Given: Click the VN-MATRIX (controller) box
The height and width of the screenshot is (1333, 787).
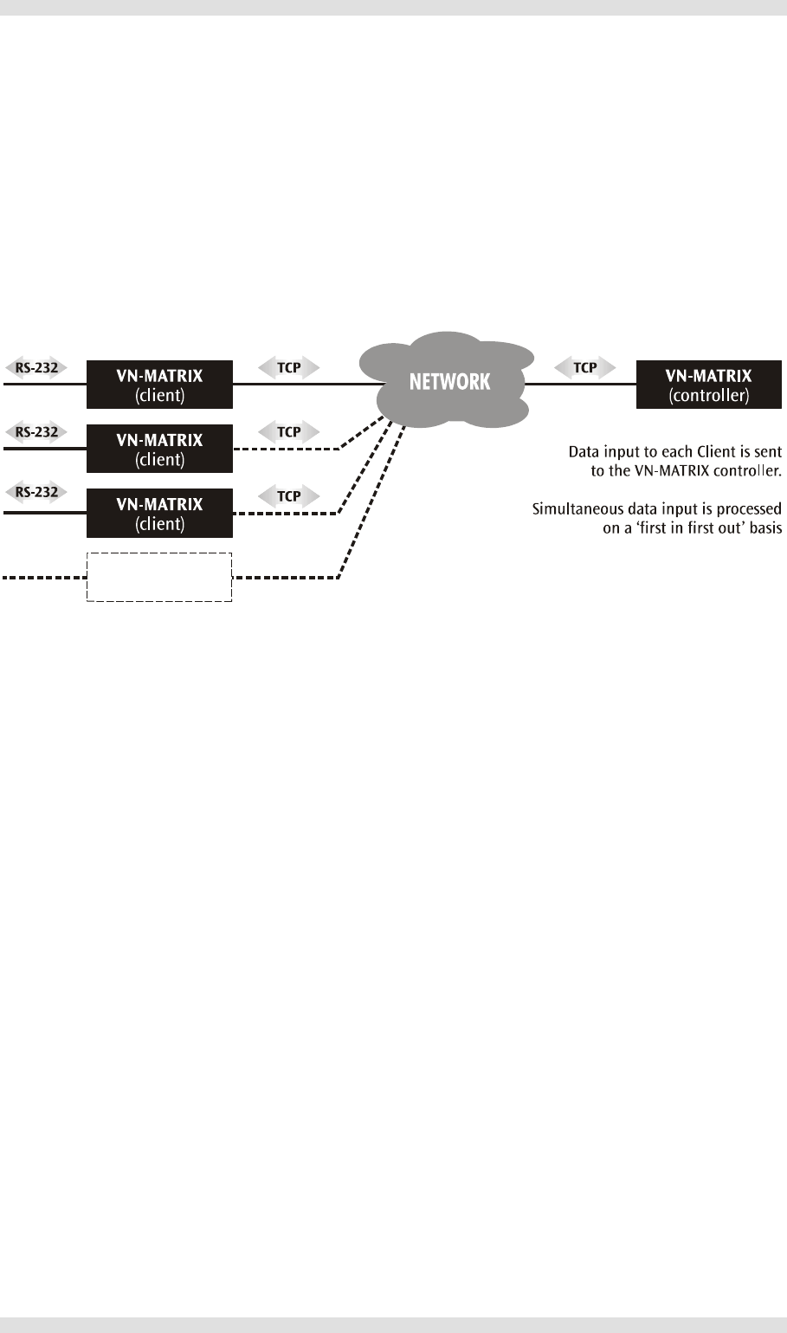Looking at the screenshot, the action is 708,385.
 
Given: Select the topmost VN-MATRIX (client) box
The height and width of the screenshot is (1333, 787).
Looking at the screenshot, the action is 159,385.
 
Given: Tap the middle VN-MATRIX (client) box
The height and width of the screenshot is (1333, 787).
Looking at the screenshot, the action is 159,449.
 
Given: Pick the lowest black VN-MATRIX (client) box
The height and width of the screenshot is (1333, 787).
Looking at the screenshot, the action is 159,513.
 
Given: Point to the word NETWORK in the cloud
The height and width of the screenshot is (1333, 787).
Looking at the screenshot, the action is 449,382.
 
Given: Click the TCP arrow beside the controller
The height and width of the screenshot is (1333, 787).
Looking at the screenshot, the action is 584,368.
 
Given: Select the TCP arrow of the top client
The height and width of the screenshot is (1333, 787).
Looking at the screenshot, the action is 289,368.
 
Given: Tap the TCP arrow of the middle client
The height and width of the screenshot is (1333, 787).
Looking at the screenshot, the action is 289,432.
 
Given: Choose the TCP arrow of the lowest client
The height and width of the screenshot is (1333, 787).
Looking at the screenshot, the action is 289,496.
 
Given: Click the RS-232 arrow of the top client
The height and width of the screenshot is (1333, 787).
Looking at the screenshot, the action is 36,368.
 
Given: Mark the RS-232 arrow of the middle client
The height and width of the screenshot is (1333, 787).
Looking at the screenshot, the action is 36,432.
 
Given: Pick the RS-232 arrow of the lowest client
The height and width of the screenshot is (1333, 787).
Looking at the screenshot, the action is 36,492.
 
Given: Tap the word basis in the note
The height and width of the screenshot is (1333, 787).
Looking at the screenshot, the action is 766,527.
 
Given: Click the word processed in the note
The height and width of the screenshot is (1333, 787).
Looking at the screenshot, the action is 749,510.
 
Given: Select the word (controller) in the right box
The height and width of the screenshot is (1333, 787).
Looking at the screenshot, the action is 709,396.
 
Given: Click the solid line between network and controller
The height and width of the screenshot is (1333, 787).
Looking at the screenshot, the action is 581,385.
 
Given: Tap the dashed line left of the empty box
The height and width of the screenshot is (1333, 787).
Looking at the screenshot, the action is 45,577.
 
